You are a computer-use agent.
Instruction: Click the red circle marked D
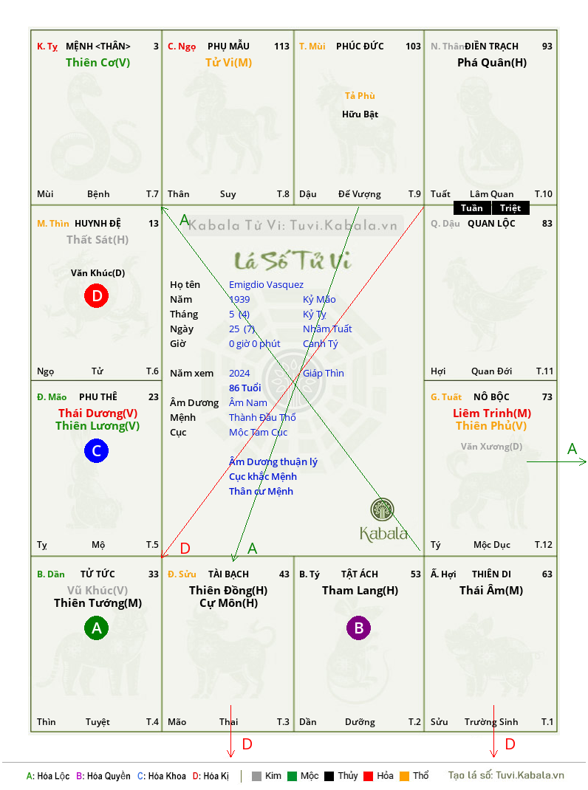click(x=96, y=296)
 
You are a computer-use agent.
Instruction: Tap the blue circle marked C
click(x=96, y=450)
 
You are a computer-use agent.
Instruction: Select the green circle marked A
click(x=96, y=628)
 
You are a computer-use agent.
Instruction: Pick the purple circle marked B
click(x=358, y=628)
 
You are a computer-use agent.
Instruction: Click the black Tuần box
click(x=472, y=208)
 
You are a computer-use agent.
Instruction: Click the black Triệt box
click(x=510, y=208)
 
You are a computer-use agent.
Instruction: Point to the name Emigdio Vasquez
click(x=266, y=285)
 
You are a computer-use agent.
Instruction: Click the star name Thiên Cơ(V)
click(x=98, y=63)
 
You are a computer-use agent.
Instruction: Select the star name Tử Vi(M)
click(x=228, y=63)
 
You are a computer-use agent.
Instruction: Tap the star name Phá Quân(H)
click(x=492, y=63)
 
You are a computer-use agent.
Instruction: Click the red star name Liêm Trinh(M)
click(x=492, y=413)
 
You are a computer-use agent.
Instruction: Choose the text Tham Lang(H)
click(x=360, y=591)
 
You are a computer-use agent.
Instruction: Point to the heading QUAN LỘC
click(x=491, y=224)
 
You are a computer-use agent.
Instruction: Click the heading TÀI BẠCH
click(x=228, y=574)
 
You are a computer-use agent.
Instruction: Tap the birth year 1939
click(x=239, y=299)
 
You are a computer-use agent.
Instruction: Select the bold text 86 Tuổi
click(x=245, y=388)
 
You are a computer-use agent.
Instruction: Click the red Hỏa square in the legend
click(x=368, y=776)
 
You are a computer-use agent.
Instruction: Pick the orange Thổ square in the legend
click(x=405, y=776)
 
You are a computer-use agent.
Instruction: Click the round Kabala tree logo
click(x=382, y=509)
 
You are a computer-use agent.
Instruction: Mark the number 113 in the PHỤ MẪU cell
click(x=282, y=47)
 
